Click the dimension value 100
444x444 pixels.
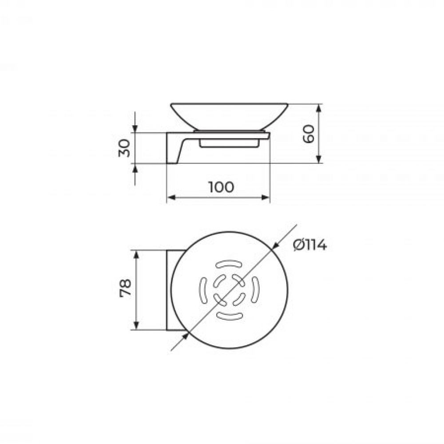221,187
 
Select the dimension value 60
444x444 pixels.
309,134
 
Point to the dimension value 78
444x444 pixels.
125,288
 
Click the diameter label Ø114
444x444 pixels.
310,245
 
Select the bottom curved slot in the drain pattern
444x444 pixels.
230,316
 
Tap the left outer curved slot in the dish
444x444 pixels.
203,290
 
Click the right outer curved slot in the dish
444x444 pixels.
255,289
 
